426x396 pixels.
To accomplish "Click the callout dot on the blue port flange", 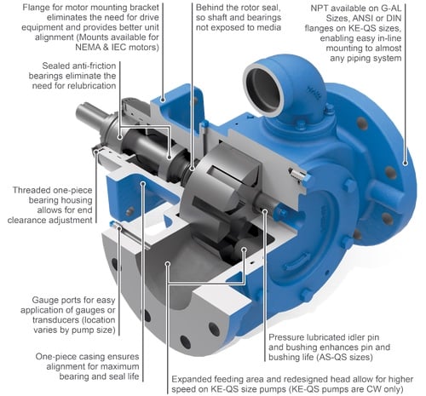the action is click(406, 163).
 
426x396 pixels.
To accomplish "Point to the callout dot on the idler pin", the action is click(264, 210).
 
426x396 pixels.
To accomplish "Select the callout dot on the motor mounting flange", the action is click(163, 99).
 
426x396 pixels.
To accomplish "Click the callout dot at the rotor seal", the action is click(193, 169).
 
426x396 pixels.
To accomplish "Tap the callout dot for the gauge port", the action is click(118, 227).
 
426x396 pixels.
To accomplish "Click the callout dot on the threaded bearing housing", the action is click(96, 151).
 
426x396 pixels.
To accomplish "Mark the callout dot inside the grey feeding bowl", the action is click(168, 264).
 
